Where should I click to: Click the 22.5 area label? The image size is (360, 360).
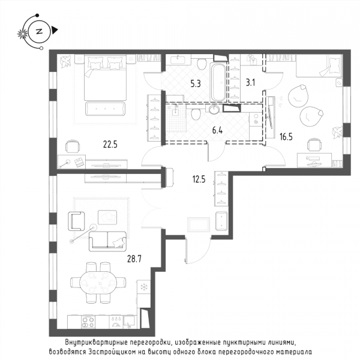tap(110, 145)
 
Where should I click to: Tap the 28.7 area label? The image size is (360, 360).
tap(134, 259)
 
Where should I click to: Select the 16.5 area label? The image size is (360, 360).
tap(286, 137)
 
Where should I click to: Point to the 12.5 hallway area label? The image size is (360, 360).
tap(199, 179)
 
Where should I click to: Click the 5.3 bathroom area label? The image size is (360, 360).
tap(196, 84)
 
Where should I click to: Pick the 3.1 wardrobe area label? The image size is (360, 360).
tap(250, 82)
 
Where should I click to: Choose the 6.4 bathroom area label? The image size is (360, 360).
tap(217, 131)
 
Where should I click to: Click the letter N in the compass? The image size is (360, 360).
tap(39, 31)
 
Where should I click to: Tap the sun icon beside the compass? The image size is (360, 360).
tap(23, 34)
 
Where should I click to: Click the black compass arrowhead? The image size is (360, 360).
tap(55, 30)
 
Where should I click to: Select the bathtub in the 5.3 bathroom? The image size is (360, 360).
tap(218, 82)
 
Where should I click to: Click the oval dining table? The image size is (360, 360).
tap(98, 283)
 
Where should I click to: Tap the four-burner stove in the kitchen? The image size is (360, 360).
tap(88, 322)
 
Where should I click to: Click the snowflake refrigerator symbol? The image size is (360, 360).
tap(144, 287)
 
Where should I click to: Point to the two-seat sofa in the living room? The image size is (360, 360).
tap(107, 241)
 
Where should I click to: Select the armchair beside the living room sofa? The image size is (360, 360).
tap(76, 221)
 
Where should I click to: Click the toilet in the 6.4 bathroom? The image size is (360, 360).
tap(196, 114)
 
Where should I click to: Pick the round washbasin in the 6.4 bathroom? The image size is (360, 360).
tap(215, 109)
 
